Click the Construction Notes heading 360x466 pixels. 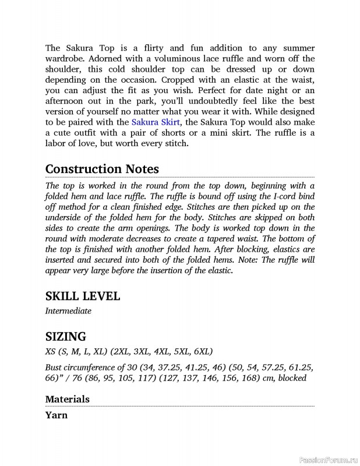(102, 168)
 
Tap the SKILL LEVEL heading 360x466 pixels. (83, 296)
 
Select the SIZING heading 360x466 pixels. (66, 336)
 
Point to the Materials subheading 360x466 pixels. (68, 399)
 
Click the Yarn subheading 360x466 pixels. (57, 415)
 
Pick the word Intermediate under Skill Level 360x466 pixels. (68, 311)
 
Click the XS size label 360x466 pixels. (51, 351)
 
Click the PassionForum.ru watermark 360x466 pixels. (327, 459)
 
